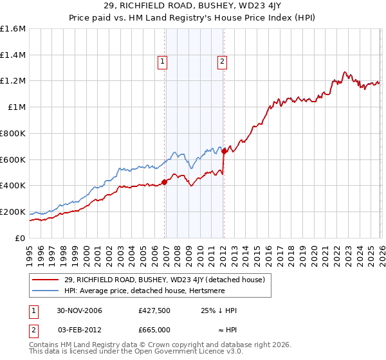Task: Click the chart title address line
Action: (193, 6)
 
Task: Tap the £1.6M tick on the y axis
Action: (13, 29)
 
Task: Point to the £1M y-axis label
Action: (16, 107)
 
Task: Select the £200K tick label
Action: (13, 212)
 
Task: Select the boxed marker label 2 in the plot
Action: (222, 62)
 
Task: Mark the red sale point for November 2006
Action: (165, 182)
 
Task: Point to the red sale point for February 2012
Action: (224, 151)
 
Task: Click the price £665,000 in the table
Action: (154, 329)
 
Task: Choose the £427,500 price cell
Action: (154, 310)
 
